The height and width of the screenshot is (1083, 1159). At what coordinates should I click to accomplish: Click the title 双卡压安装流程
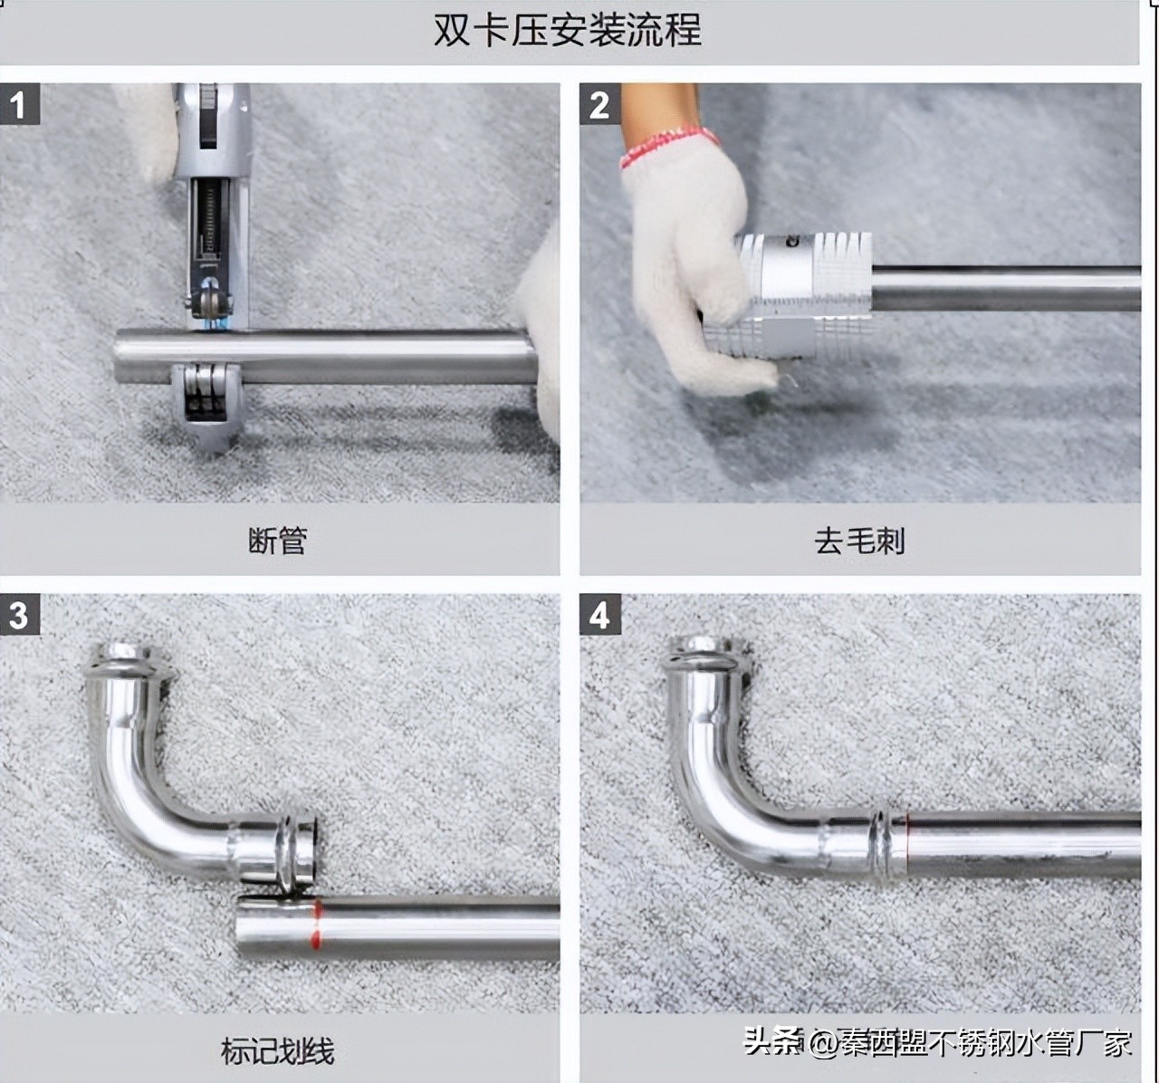coord(567,30)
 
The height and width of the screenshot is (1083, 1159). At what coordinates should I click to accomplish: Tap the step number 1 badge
coord(17,105)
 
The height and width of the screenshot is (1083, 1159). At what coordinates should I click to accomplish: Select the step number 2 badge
coord(599,105)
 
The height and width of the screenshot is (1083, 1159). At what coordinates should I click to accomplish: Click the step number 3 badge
coord(17,616)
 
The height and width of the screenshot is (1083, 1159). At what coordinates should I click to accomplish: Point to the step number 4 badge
coord(599,616)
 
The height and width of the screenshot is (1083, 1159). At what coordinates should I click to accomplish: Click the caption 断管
coord(278,541)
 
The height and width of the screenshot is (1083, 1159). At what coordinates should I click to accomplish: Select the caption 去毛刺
coord(859,541)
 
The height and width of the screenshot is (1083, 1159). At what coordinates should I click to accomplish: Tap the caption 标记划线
coord(278,1050)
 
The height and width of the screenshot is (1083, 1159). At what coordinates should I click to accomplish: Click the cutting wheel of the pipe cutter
coord(211,304)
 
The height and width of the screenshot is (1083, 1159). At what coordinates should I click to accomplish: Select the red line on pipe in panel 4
coord(907,838)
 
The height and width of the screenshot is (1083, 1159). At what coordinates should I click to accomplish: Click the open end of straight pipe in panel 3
coord(243,929)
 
